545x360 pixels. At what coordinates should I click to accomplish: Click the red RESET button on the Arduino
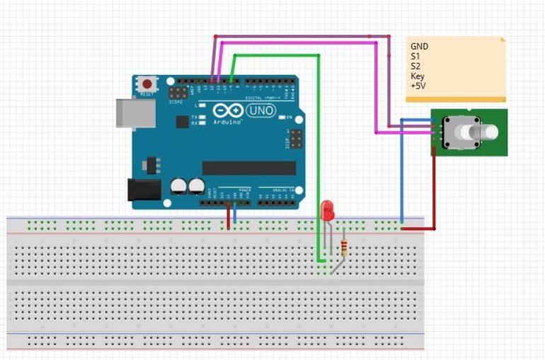[x=147, y=83]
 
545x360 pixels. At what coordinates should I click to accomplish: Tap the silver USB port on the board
[x=134, y=113]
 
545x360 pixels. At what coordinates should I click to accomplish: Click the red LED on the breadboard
[x=327, y=210]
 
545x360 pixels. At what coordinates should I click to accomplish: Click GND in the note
[x=419, y=47]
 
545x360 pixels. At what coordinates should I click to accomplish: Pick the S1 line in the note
[x=415, y=57]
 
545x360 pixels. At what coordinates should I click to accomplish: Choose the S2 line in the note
[x=415, y=66]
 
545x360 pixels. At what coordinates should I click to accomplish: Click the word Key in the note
[x=418, y=76]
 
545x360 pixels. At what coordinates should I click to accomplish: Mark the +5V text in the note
[x=418, y=86]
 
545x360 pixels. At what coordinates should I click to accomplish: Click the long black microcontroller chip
[x=248, y=168]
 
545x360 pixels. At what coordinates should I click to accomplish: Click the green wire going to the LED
[x=319, y=141]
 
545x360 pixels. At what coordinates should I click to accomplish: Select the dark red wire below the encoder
[x=432, y=191]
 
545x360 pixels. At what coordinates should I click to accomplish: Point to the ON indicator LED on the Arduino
[x=281, y=117]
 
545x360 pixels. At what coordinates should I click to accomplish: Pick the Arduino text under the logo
[x=228, y=122]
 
